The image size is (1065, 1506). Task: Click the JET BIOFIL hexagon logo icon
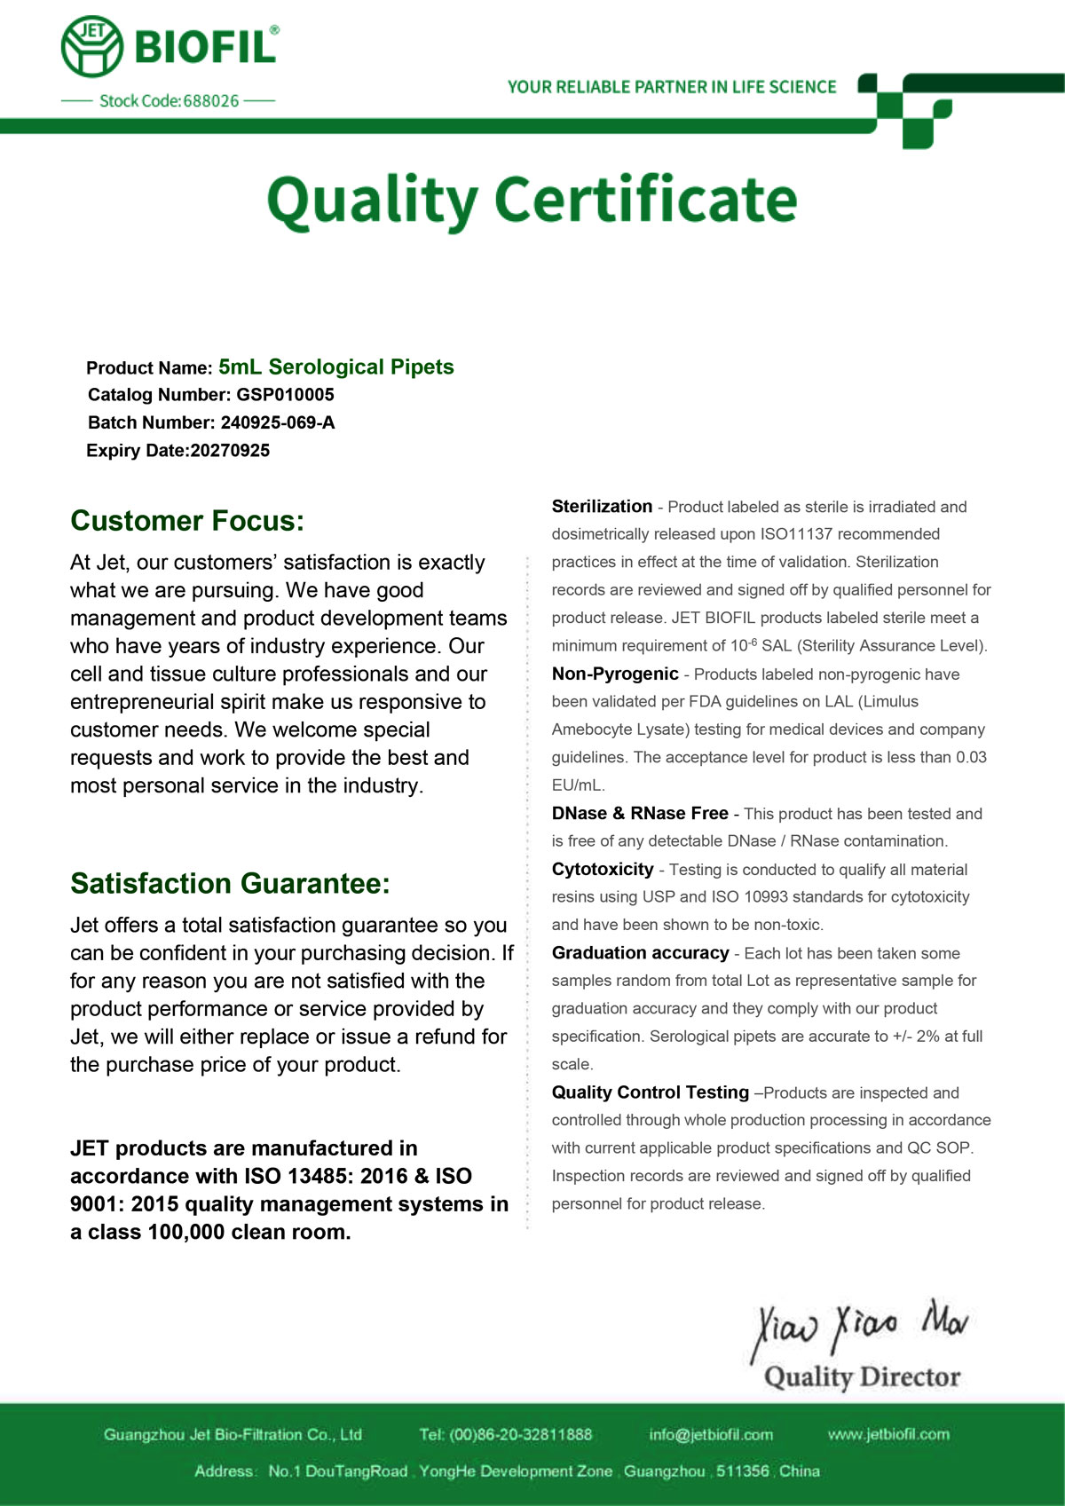point(92,46)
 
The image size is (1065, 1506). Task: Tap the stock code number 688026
point(211,101)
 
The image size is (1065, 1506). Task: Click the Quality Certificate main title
point(532,201)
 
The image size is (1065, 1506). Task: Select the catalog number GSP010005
point(286,395)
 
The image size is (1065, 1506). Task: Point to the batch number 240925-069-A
point(278,422)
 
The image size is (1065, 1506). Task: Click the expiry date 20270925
point(231,451)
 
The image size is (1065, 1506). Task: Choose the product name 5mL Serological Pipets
point(336,367)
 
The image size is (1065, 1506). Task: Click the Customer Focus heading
point(187,521)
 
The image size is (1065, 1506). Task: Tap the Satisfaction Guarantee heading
point(230,884)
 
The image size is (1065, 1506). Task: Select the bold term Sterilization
point(602,507)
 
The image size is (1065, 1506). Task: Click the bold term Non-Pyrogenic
point(615,674)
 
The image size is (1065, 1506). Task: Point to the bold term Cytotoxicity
point(603,870)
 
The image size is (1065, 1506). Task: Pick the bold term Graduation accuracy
point(640,953)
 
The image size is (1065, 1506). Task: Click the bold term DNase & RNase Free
point(640,814)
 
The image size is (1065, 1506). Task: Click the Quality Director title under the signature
point(862,1377)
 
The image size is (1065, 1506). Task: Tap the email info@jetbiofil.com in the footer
point(711,1435)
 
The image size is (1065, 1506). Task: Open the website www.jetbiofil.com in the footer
point(888,1435)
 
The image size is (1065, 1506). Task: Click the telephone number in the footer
point(519,1435)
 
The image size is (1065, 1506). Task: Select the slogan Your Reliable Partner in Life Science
point(672,87)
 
